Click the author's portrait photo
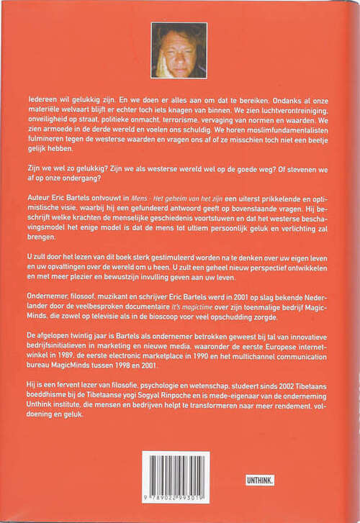179,50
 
